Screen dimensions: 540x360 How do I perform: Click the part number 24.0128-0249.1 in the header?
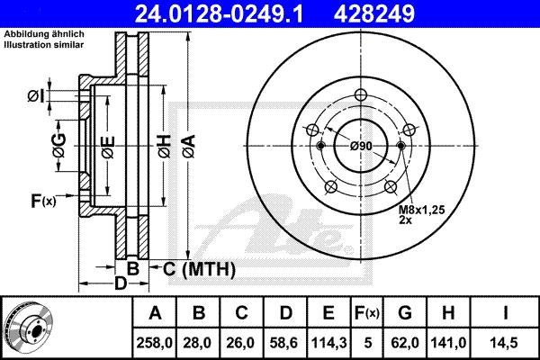(x=219, y=13)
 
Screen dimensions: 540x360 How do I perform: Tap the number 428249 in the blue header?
(x=374, y=13)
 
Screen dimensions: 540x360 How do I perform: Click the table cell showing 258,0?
(x=154, y=343)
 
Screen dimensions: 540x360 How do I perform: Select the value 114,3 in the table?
(x=328, y=343)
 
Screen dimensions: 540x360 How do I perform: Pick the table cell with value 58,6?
(x=284, y=343)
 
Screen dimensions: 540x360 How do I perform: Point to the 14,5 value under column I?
(x=504, y=343)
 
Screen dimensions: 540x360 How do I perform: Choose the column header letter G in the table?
(x=405, y=313)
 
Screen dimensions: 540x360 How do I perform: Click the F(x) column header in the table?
(x=367, y=313)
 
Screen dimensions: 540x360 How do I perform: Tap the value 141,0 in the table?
(x=448, y=343)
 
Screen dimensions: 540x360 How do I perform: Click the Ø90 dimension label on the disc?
(x=361, y=146)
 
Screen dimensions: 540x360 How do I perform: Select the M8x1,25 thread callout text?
(x=422, y=209)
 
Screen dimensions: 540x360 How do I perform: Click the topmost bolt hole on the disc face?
(x=361, y=94)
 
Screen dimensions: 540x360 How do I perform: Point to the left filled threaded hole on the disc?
(x=320, y=146)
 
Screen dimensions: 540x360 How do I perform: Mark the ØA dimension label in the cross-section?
(x=189, y=146)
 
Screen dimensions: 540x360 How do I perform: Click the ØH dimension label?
(x=165, y=146)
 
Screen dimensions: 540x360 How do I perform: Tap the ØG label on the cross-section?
(x=59, y=146)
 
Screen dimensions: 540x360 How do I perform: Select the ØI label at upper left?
(x=36, y=96)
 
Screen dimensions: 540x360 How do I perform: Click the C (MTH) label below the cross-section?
(x=199, y=269)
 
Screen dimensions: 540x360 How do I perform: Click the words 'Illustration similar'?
(x=44, y=44)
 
